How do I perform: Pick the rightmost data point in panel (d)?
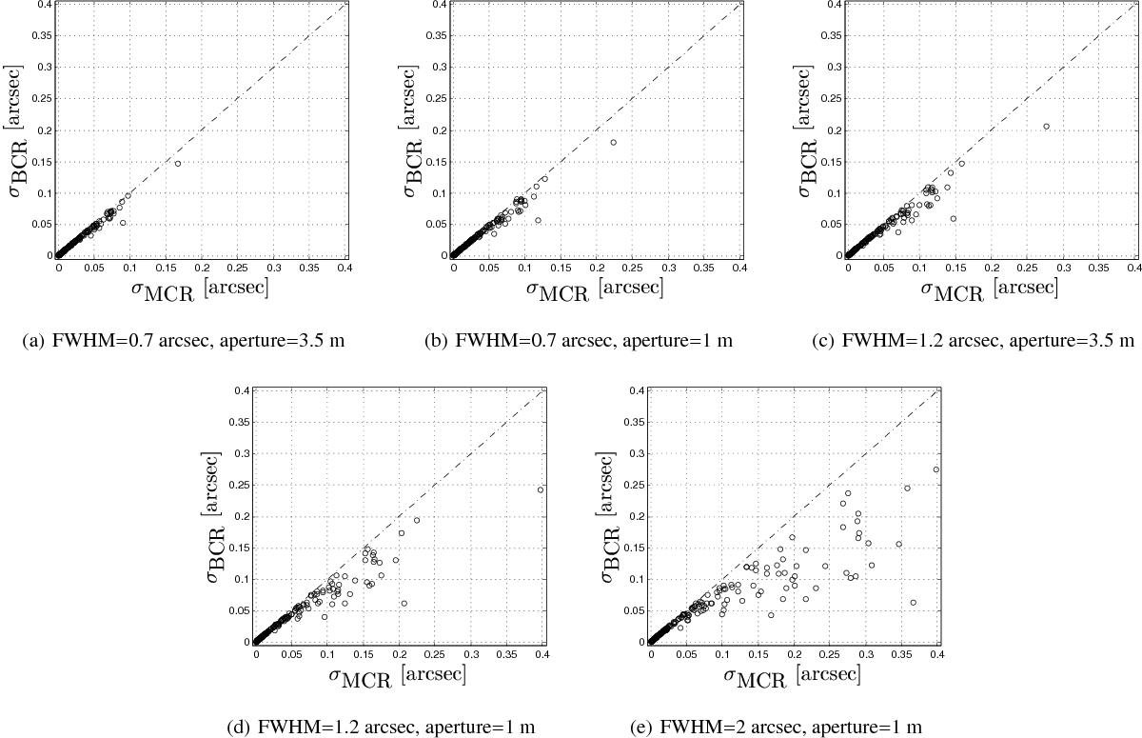(541, 489)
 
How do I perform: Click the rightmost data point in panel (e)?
(936, 469)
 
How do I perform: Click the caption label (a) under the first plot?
(33, 341)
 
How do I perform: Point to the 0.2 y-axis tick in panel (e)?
(636, 517)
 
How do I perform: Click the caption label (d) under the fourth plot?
(238, 728)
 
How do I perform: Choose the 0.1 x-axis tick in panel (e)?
(722, 654)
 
